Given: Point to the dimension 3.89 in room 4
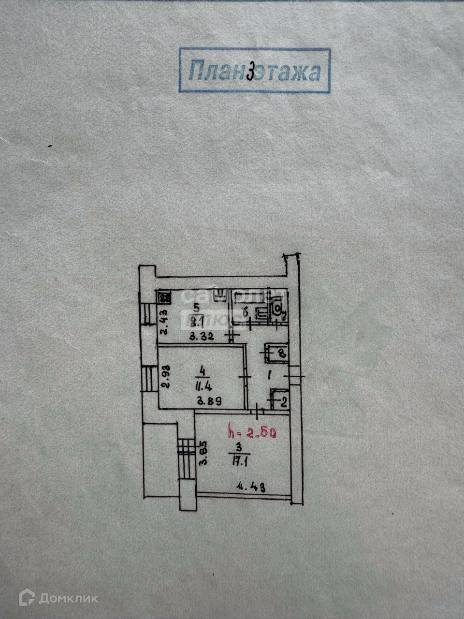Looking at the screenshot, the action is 207,401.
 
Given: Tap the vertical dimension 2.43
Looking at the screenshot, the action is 164,322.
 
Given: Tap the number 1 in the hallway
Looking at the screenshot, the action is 270,374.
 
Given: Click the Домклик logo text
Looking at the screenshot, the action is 68,598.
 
